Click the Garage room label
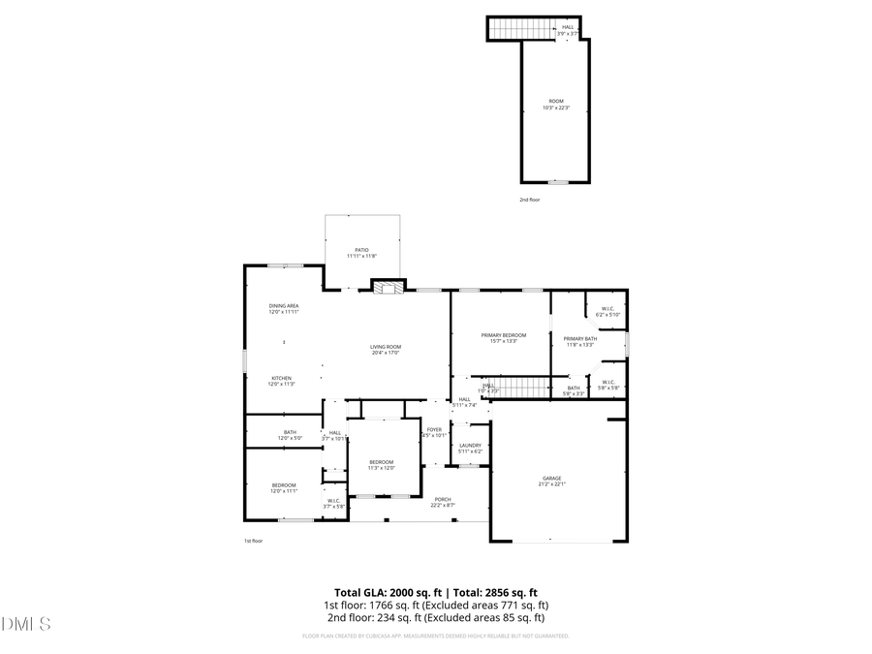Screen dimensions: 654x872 pyautogui.click(x=551, y=481)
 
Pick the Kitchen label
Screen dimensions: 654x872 pyautogui.click(x=281, y=380)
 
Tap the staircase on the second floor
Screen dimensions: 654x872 pyautogui.click(x=507, y=30)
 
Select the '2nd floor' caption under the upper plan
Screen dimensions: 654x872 pyautogui.click(x=529, y=199)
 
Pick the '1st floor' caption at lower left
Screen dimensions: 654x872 pyautogui.click(x=253, y=541)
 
